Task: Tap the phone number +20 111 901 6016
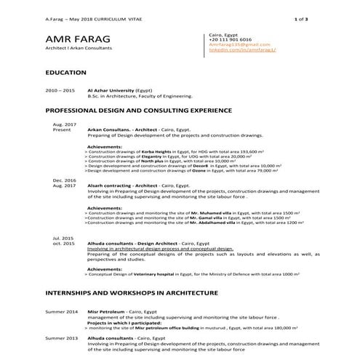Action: tap(231, 39)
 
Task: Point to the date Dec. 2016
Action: tap(64, 180)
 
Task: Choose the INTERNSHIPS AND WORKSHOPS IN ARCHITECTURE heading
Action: tap(131, 292)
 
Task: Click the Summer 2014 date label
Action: tap(61, 311)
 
